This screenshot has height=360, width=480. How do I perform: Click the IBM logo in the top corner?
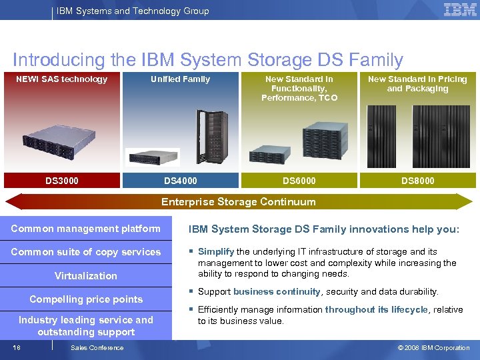click(x=460, y=10)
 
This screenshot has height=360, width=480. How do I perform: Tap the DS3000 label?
click(x=62, y=181)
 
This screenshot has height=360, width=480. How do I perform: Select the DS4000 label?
click(x=181, y=181)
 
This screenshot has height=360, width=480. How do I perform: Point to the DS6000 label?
click(x=299, y=181)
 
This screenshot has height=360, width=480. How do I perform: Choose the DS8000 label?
click(x=418, y=181)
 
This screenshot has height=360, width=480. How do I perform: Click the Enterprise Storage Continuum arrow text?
click(x=239, y=202)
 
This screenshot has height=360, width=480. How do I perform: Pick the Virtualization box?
click(x=86, y=276)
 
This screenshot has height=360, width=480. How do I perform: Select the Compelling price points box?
click(x=86, y=299)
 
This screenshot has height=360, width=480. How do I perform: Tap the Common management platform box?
click(x=86, y=229)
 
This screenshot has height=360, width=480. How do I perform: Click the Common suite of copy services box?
click(x=86, y=252)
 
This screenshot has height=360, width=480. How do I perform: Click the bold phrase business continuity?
click(x=277, y=292)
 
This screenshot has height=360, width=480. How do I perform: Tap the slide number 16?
click(x=16, y=347)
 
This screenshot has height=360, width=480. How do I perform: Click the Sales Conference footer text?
click(x=97, y=347)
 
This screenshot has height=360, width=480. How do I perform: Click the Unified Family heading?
click(x=180, y=79)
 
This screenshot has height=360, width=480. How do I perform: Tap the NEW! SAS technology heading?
click(x=61, y=79)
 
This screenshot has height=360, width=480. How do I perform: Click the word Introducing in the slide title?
click(x=59, y=60)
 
